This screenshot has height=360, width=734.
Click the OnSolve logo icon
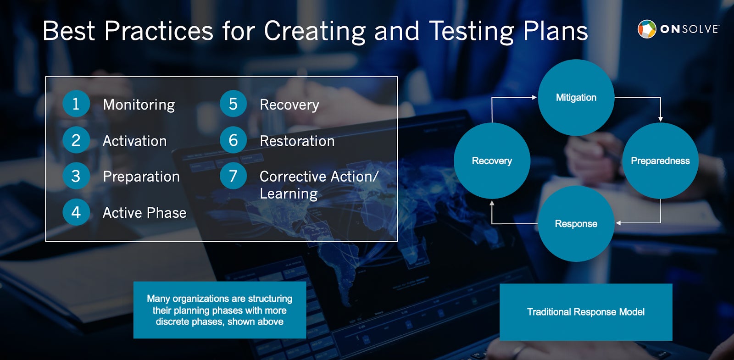(647, 29)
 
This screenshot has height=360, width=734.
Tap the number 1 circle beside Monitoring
(76, 104)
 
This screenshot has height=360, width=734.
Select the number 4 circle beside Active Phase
(76, 212)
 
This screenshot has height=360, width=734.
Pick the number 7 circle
(233, 176)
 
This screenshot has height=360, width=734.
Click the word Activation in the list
(135, 141)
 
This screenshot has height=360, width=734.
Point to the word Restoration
(297, 141)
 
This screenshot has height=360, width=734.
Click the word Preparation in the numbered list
(141, 177)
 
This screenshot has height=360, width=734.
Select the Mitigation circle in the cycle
(576, 97)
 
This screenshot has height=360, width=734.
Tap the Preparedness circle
(660, 161)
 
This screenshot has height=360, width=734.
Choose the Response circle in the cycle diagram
(576, 224)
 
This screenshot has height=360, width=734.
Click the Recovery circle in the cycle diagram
(492, 161)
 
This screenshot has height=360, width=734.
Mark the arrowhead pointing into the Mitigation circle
(534, 97)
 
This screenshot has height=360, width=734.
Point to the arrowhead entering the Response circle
(618, 223)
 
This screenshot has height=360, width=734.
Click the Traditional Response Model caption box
(586, 312)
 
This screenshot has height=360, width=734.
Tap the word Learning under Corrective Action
(289, 194)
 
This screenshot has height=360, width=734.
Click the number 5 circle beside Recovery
(233, 104)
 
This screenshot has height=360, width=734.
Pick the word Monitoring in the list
(139, 105)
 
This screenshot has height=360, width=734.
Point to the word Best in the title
(69, 31)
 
